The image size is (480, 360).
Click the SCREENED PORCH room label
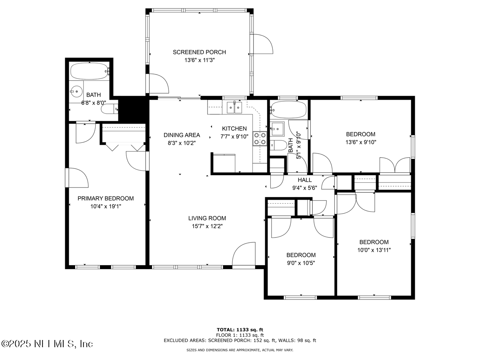(199, 52)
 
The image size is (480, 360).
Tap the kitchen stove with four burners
(260, 138)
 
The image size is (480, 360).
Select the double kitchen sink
(234, 107)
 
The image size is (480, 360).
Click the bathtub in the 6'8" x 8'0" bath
(90, 71)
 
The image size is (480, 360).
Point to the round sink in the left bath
(76, 92)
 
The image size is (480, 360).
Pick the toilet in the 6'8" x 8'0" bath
(110, 109)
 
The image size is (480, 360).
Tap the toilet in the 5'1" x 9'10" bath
(278, 145)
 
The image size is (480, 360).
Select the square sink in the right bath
(278, 129)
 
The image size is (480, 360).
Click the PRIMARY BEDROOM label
(106, 198)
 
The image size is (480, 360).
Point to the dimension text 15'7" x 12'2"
(207, 226)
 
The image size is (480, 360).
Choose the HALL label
(305, 180)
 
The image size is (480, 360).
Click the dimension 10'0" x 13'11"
(374, 250)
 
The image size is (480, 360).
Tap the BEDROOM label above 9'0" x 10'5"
(301, 255)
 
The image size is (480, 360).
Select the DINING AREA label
(182, 135)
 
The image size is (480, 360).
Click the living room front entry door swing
(244, 255)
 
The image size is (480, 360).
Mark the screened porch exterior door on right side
(261, 44)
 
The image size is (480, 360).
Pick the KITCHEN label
(234, 129)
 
